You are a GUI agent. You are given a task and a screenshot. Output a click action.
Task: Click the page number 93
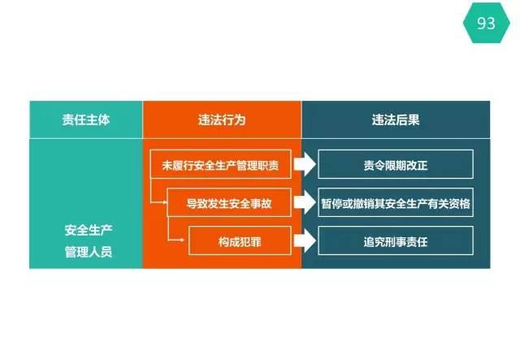coord(486,24)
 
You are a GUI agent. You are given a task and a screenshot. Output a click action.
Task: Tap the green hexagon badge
coord(486,23)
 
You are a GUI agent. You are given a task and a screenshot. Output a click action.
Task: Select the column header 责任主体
coord(86,119)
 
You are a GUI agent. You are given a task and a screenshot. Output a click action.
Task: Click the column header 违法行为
coord(222,119)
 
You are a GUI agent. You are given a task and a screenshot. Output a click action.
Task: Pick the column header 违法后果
coord(396,119)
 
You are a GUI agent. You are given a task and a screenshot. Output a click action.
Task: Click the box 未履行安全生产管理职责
coord(220,164)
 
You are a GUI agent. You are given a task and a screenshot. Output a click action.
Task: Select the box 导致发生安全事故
coord(229,202)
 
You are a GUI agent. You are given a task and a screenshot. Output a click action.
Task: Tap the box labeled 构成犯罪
coord(240,241)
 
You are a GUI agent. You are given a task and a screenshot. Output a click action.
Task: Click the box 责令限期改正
coord(396,164)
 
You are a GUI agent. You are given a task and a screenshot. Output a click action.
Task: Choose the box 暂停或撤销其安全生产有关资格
coord(396,202)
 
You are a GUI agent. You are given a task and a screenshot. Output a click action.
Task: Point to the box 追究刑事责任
coord(396,241)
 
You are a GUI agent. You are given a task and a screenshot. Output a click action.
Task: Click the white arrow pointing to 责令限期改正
coord(305,164)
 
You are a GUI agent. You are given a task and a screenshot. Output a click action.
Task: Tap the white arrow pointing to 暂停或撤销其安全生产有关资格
coord(305,202)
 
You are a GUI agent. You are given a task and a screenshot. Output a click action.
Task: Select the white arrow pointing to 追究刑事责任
coord(305,241)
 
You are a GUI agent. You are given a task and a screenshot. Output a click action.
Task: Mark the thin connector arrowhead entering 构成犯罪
coord(182,240)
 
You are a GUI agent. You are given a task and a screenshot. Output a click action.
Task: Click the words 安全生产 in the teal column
coord(89,230)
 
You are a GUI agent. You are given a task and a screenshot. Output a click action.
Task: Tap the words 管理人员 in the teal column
coord(89,252)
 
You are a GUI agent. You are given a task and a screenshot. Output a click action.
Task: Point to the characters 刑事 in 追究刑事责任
coord(396,242)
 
